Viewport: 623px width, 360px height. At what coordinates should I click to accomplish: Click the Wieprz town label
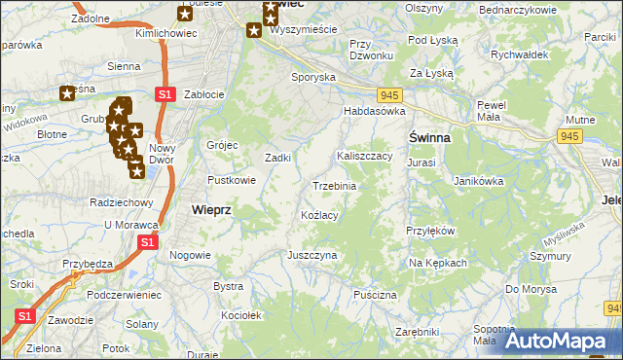[x=210, y=209]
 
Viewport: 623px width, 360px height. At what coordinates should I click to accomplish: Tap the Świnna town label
[x=428, y=138]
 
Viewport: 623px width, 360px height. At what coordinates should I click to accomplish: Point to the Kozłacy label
[x=319, y=214]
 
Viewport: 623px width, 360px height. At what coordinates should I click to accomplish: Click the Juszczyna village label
[x=311, y=255]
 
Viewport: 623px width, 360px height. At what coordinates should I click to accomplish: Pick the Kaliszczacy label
[x=364, y=156]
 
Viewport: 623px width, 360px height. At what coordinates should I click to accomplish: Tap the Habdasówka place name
[x=373, y=111]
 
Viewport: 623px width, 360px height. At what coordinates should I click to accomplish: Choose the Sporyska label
[x=314, y=76]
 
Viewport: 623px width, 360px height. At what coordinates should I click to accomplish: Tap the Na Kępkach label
[x=438, y=263]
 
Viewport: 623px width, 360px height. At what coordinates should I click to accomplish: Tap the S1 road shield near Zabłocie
[x=165, y=93]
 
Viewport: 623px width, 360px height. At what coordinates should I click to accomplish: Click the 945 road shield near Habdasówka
[x=390, y=94]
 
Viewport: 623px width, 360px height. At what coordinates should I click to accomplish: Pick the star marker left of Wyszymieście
[x=253, y=30]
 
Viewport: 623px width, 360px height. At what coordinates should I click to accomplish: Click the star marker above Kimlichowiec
[x=186, y=13]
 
